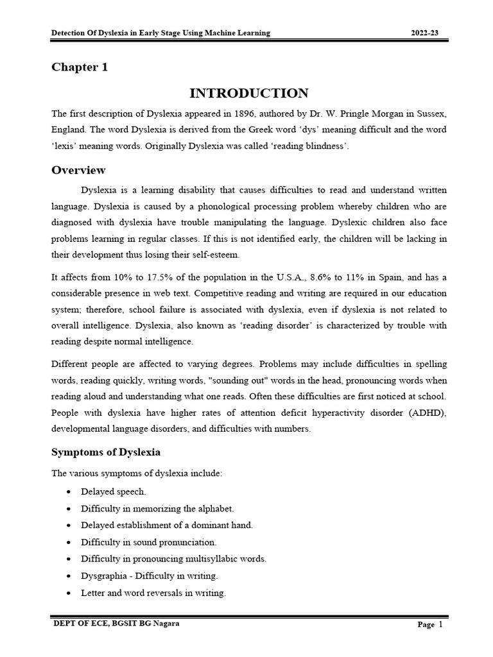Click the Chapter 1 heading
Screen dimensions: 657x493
pyautogui.click(x=80, y=67)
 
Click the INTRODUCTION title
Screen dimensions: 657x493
pyautogui.click(x=248, y=93)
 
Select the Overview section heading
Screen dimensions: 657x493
pyautogui.click(x=78, y=170)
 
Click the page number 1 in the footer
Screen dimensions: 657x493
pyautogui.click(x=441, y=624)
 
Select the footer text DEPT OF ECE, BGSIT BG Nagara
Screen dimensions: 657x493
pyautogui.click(x=117, y=623)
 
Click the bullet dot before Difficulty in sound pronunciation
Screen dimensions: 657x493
pyautogui.click(x=68, y=542)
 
